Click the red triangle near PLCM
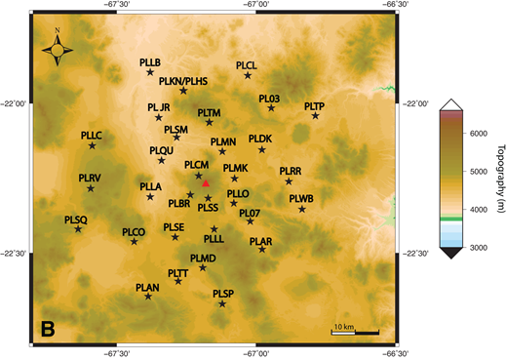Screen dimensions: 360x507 click(206, 182)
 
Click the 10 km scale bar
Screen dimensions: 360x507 click(355, 333)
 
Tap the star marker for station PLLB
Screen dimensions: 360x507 click(150, 72)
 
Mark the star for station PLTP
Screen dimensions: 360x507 click(315, 116)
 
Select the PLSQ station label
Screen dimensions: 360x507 click(75, 220)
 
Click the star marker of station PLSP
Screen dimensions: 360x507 click(222, 304)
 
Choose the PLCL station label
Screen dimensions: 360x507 click(246, 64)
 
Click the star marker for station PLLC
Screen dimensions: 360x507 click(93, 145)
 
